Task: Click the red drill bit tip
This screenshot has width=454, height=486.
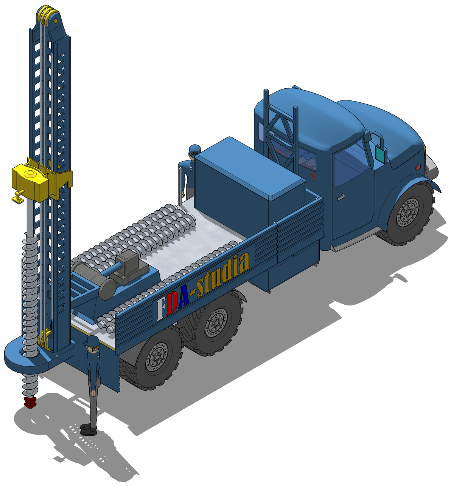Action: pyautogui.click(x=30, y=402)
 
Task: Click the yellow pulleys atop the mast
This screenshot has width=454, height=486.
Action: pyautogui.click(x=48, y=15)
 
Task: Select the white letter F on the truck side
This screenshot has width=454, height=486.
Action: pyautogui.click(x=160, y=309)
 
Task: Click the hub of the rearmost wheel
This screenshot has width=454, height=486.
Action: pyautogui.click(x=157, y=358)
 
